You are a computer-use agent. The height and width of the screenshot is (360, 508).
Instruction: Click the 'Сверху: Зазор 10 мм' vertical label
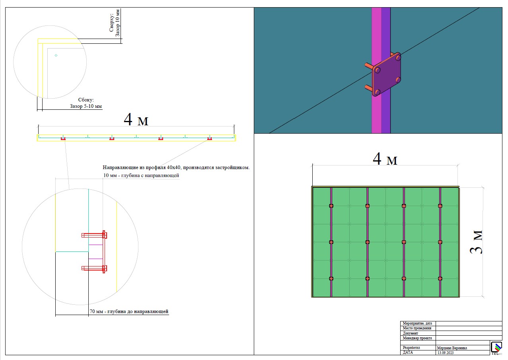(114, 23)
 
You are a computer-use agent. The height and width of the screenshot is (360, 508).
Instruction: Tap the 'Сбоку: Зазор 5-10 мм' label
(86, 103)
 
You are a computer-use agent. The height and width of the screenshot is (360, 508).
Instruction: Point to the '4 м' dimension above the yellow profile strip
(136, 119)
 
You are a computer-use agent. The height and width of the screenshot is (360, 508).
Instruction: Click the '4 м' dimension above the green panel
(385, 159)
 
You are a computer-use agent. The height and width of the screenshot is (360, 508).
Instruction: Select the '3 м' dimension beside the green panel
(476, 242)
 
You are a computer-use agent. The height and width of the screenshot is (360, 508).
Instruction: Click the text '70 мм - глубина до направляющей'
(129, 311)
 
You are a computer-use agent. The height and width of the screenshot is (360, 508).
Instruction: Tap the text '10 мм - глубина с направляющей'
(141, 175)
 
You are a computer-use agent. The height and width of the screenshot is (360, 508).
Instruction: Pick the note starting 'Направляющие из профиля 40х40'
(176, 167)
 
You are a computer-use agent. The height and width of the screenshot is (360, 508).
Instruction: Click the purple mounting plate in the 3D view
(386, 74)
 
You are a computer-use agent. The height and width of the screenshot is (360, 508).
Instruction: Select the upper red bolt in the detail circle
(94, 235)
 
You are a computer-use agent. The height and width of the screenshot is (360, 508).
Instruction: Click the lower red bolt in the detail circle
(94, 269)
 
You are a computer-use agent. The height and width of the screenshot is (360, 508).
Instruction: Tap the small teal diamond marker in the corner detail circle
(56, 55)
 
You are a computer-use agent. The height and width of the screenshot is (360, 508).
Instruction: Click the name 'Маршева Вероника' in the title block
(452, 348)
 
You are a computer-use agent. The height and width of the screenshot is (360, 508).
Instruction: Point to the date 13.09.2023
(446, 353)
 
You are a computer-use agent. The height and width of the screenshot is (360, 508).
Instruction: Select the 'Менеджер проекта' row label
(417, 338)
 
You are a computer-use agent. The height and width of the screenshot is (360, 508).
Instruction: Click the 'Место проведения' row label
(417, 328)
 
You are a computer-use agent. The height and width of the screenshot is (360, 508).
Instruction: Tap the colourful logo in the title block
(496, 348)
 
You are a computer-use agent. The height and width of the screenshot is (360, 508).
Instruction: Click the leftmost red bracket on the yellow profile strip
(63, 138)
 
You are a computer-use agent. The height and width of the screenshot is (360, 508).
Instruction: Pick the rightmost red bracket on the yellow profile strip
(210, 138)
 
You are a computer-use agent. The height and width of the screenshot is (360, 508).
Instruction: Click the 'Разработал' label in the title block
(411, 348)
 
